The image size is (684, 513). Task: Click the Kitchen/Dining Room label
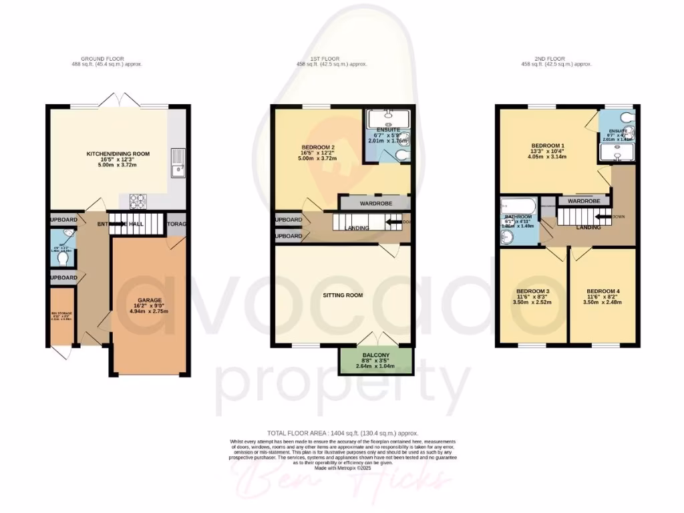coord(118,154)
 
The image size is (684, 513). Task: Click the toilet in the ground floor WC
coord(63,257)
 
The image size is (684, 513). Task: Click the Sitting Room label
coord(343,295)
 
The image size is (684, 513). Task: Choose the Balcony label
coord(377,356)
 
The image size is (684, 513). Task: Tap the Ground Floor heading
coord(107,59)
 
